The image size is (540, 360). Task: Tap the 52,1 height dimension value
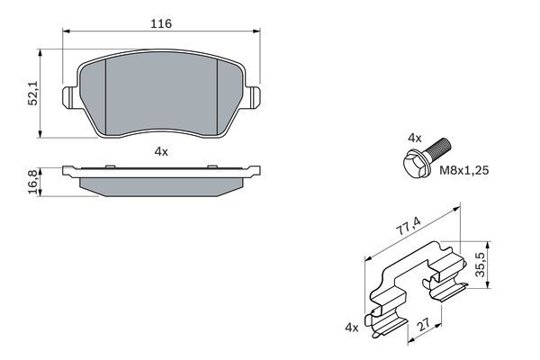[x=33, y=92]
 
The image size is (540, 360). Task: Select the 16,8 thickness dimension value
[x=33, y=181]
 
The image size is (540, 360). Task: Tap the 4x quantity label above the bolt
[x=414, y=139]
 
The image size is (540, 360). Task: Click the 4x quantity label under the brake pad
[x=162, y=151]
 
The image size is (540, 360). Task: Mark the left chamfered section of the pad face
[x=93, y=94]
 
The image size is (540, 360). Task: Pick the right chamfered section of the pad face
[x=232, y=94]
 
